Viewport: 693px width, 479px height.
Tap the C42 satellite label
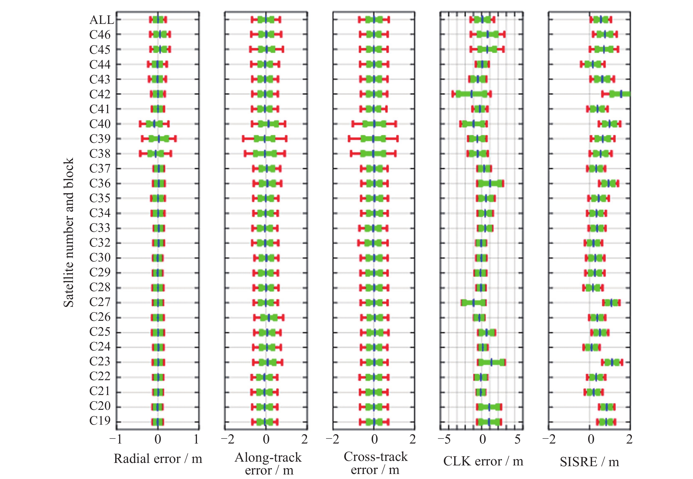100,94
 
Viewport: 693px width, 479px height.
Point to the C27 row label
100,302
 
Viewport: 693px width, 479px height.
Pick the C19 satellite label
100,421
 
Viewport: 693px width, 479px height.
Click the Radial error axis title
158,459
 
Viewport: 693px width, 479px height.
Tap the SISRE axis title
589,462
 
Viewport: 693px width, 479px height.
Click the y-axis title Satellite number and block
68,233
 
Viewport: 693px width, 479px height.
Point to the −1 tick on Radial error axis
116,439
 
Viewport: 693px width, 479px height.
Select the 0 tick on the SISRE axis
591,439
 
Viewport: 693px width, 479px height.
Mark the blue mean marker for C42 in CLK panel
471,94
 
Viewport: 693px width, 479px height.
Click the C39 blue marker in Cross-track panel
373,139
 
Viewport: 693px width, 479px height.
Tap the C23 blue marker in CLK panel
491,362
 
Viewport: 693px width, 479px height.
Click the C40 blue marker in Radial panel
154,124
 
